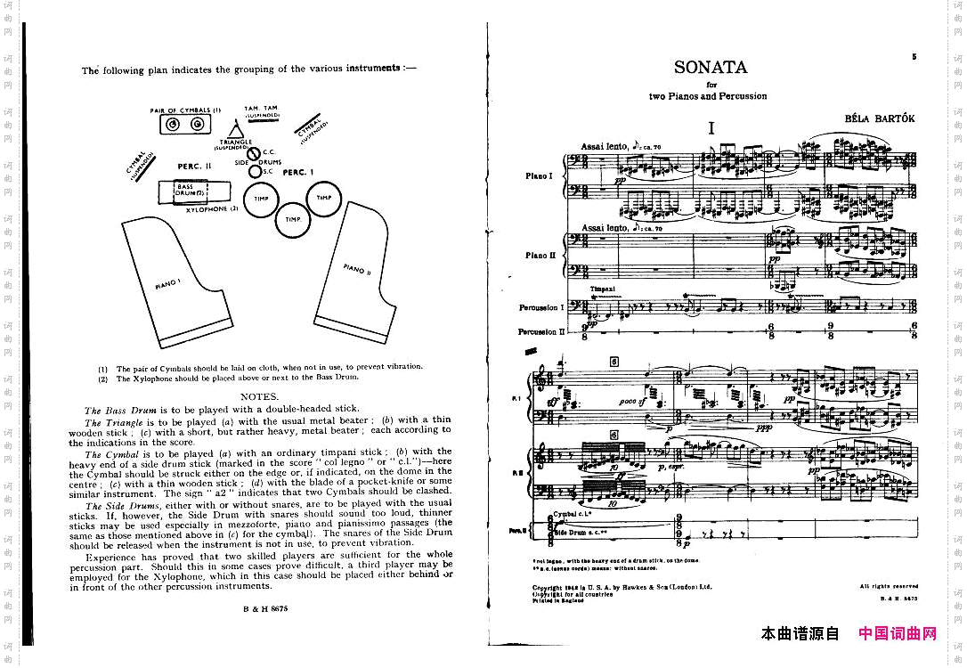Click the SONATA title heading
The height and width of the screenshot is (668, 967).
click(710, 68)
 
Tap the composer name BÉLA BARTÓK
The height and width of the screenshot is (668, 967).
click(880, 118)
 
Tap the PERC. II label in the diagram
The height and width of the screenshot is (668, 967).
click(194, 167)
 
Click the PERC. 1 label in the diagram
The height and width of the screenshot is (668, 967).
click(299, 172)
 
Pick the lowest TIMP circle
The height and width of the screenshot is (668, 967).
click(293, 219)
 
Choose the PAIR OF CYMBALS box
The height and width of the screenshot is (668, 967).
click(186, 124)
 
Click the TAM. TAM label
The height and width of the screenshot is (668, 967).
click(260, 109)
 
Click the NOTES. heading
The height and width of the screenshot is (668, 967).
click(260, 396)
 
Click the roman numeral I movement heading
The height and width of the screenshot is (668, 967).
click(711, 128)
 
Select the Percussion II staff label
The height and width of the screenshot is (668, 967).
click(540, 332)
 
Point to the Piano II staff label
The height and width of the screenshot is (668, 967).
click(540, 255)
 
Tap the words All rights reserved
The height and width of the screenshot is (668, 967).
click(889, 586)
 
